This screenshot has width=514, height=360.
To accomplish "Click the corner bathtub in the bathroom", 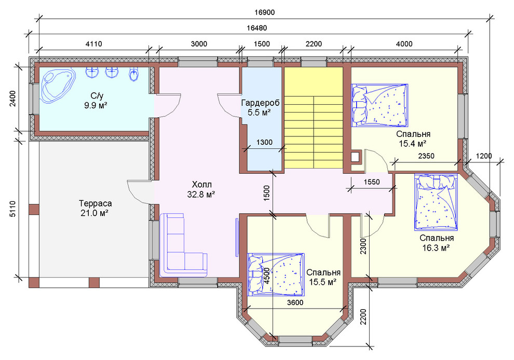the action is coord(57,86).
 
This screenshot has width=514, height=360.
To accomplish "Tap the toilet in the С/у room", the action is coord(133,74).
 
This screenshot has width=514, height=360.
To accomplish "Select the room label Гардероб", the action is coord(260,103).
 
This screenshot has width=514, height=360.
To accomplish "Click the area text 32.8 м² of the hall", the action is coord(201,195).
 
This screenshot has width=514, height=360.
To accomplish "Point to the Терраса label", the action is coord(96,203).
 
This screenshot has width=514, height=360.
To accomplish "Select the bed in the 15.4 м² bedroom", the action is coord(380,105).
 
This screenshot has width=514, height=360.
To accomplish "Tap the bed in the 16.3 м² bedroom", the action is coord(436,202).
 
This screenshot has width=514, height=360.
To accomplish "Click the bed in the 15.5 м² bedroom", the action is coord(276,274).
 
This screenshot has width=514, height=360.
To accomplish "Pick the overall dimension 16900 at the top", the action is coord(265,12).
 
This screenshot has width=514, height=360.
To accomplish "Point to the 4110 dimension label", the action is coord(94,44).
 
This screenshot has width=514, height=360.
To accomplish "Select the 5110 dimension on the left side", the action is coord(12,209).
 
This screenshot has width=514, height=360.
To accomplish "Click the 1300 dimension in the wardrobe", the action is coord(264,142).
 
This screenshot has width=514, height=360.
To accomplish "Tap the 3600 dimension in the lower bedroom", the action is coord(295,302).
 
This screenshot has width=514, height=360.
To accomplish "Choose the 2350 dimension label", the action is coord(426,156).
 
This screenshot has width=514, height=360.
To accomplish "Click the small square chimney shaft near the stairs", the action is coord(355,157).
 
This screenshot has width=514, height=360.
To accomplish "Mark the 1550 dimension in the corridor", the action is coord(371,182).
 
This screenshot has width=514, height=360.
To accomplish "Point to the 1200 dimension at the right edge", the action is coord(484,156).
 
